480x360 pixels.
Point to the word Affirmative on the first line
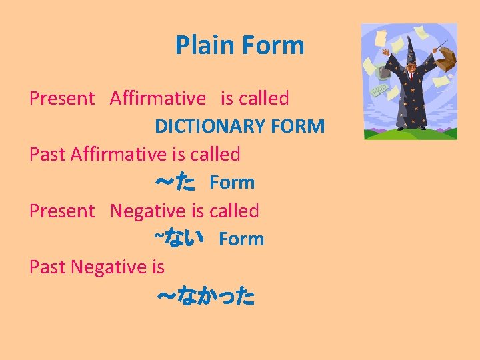click(x=158, y=99)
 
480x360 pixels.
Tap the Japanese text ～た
click(x=175, y=183)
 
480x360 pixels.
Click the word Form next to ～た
click(x=232, y=183)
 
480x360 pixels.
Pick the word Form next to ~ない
click(x=241, y=239)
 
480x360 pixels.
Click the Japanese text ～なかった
click(x=205, y=297)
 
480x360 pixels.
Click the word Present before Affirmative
click(x=62, y=99)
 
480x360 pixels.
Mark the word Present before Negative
click(x=62, y=211)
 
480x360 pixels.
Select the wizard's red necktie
click(x=411, y=75)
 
